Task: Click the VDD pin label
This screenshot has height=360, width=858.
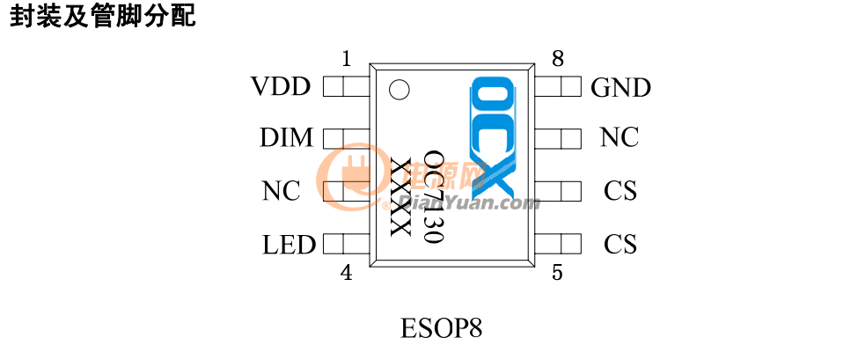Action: (281, 86)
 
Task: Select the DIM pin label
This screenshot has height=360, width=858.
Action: (287, 138)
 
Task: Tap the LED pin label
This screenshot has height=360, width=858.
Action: (289, 245)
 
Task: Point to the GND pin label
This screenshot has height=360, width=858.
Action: (621, 87)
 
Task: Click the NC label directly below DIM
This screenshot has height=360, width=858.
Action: (282, 191)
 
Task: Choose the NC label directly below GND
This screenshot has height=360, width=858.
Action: (620, 137)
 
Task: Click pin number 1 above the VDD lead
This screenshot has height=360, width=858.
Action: (346, 59)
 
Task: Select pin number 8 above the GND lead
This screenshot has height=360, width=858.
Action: (558, 58)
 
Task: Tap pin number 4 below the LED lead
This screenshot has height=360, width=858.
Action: (347, 273)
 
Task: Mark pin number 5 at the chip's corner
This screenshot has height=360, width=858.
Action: (557, 273)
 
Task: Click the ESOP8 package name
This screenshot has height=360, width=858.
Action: (442, 329)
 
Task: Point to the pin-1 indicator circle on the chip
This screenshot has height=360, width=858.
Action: (399, 91)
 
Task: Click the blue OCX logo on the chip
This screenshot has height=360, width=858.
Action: (494, 137)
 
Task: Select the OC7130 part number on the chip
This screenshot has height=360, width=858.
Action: (434, 197)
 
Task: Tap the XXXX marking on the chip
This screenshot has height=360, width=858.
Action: (400, 197)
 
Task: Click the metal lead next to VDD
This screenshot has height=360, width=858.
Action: (346, 86)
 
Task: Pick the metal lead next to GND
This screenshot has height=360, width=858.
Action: (557, 86)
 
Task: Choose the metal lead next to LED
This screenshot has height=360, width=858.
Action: (346, 244)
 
